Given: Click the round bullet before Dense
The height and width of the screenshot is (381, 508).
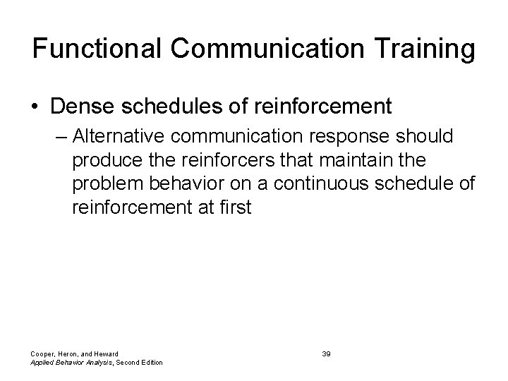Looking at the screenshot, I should coord(37,107).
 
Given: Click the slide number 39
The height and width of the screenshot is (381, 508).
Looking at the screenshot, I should coord(326,353).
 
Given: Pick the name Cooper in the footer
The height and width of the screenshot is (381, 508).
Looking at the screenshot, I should coord(43,353).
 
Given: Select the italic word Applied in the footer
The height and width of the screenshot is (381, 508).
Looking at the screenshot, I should coord(44,363).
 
